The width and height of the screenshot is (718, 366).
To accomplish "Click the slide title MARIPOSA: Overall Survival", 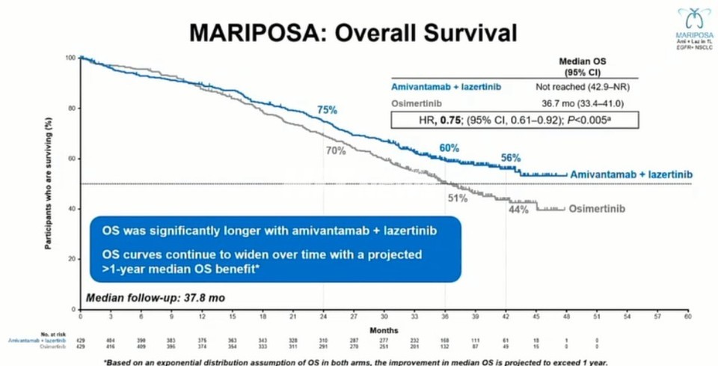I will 352,32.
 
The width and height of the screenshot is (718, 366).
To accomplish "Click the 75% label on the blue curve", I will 327,110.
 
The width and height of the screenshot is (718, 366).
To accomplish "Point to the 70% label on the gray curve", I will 335,150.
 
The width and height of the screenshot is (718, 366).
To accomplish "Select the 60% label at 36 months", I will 449,147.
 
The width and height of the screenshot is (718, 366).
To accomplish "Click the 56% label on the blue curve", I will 511,158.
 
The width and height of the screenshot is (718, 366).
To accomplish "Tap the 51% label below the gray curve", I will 458,198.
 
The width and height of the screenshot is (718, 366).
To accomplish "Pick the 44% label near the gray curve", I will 519,210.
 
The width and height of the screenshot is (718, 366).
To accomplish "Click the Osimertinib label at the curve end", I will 597,208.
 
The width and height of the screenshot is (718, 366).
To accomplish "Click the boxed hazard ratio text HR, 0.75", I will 515,119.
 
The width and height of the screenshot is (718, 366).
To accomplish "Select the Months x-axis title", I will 384,330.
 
